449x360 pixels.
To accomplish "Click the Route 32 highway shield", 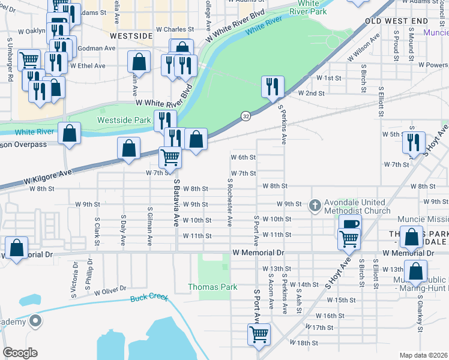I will [246, 115].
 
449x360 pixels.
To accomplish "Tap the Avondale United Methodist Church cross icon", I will [315, 206].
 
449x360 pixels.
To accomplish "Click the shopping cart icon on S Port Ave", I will [259, 334].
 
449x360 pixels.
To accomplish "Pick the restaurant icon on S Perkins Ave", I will [273, 86].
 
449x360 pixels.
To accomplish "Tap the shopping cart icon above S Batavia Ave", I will [170, 157].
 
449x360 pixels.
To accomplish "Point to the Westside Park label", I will [124, 120].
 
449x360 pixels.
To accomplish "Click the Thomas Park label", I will [212, 287].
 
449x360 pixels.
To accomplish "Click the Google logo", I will [20, 353].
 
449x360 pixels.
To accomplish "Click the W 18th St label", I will [304, 342].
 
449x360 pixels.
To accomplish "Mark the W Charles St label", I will [175, 29].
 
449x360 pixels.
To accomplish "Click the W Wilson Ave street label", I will [364, 47].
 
